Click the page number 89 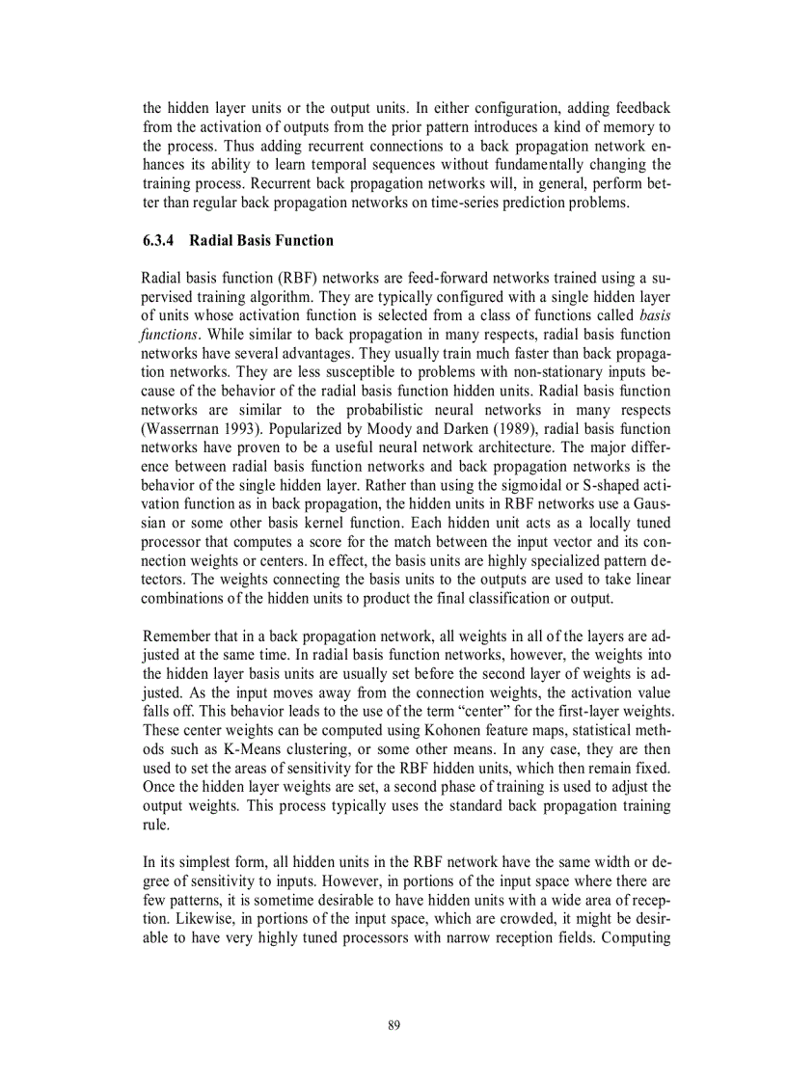point(393,1025)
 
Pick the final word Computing point(635,936)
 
